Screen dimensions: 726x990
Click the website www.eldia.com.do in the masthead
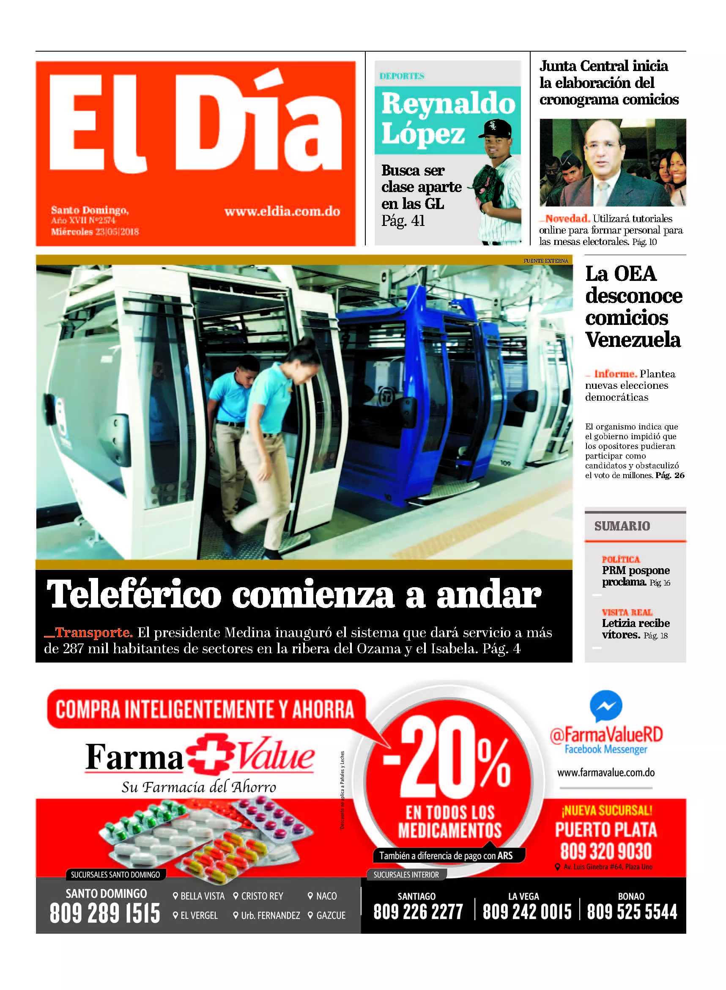tap(282, 212)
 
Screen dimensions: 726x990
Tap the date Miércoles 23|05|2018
tap(94, 232)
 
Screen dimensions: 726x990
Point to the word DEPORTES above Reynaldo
tap(402, 76)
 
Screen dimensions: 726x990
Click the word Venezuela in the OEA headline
tap(633, 340)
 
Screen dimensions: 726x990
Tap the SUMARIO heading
tap(622, 526)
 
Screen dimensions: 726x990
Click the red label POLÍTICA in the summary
tap(621, 559)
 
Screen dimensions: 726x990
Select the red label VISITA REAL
tap(627, 612)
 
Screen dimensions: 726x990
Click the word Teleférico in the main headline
tap(134, 594)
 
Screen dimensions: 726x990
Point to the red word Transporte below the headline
tap(93, 632)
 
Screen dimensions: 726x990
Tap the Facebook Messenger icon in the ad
tap(605, 706)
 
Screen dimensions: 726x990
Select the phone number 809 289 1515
tap(104, 913)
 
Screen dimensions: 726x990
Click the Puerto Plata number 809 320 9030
tap(605, 851)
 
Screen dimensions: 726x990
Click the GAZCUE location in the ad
tap(331, 915)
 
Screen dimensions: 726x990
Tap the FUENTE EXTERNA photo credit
tap(545, 261)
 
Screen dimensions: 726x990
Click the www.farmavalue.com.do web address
tap(605, 773)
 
